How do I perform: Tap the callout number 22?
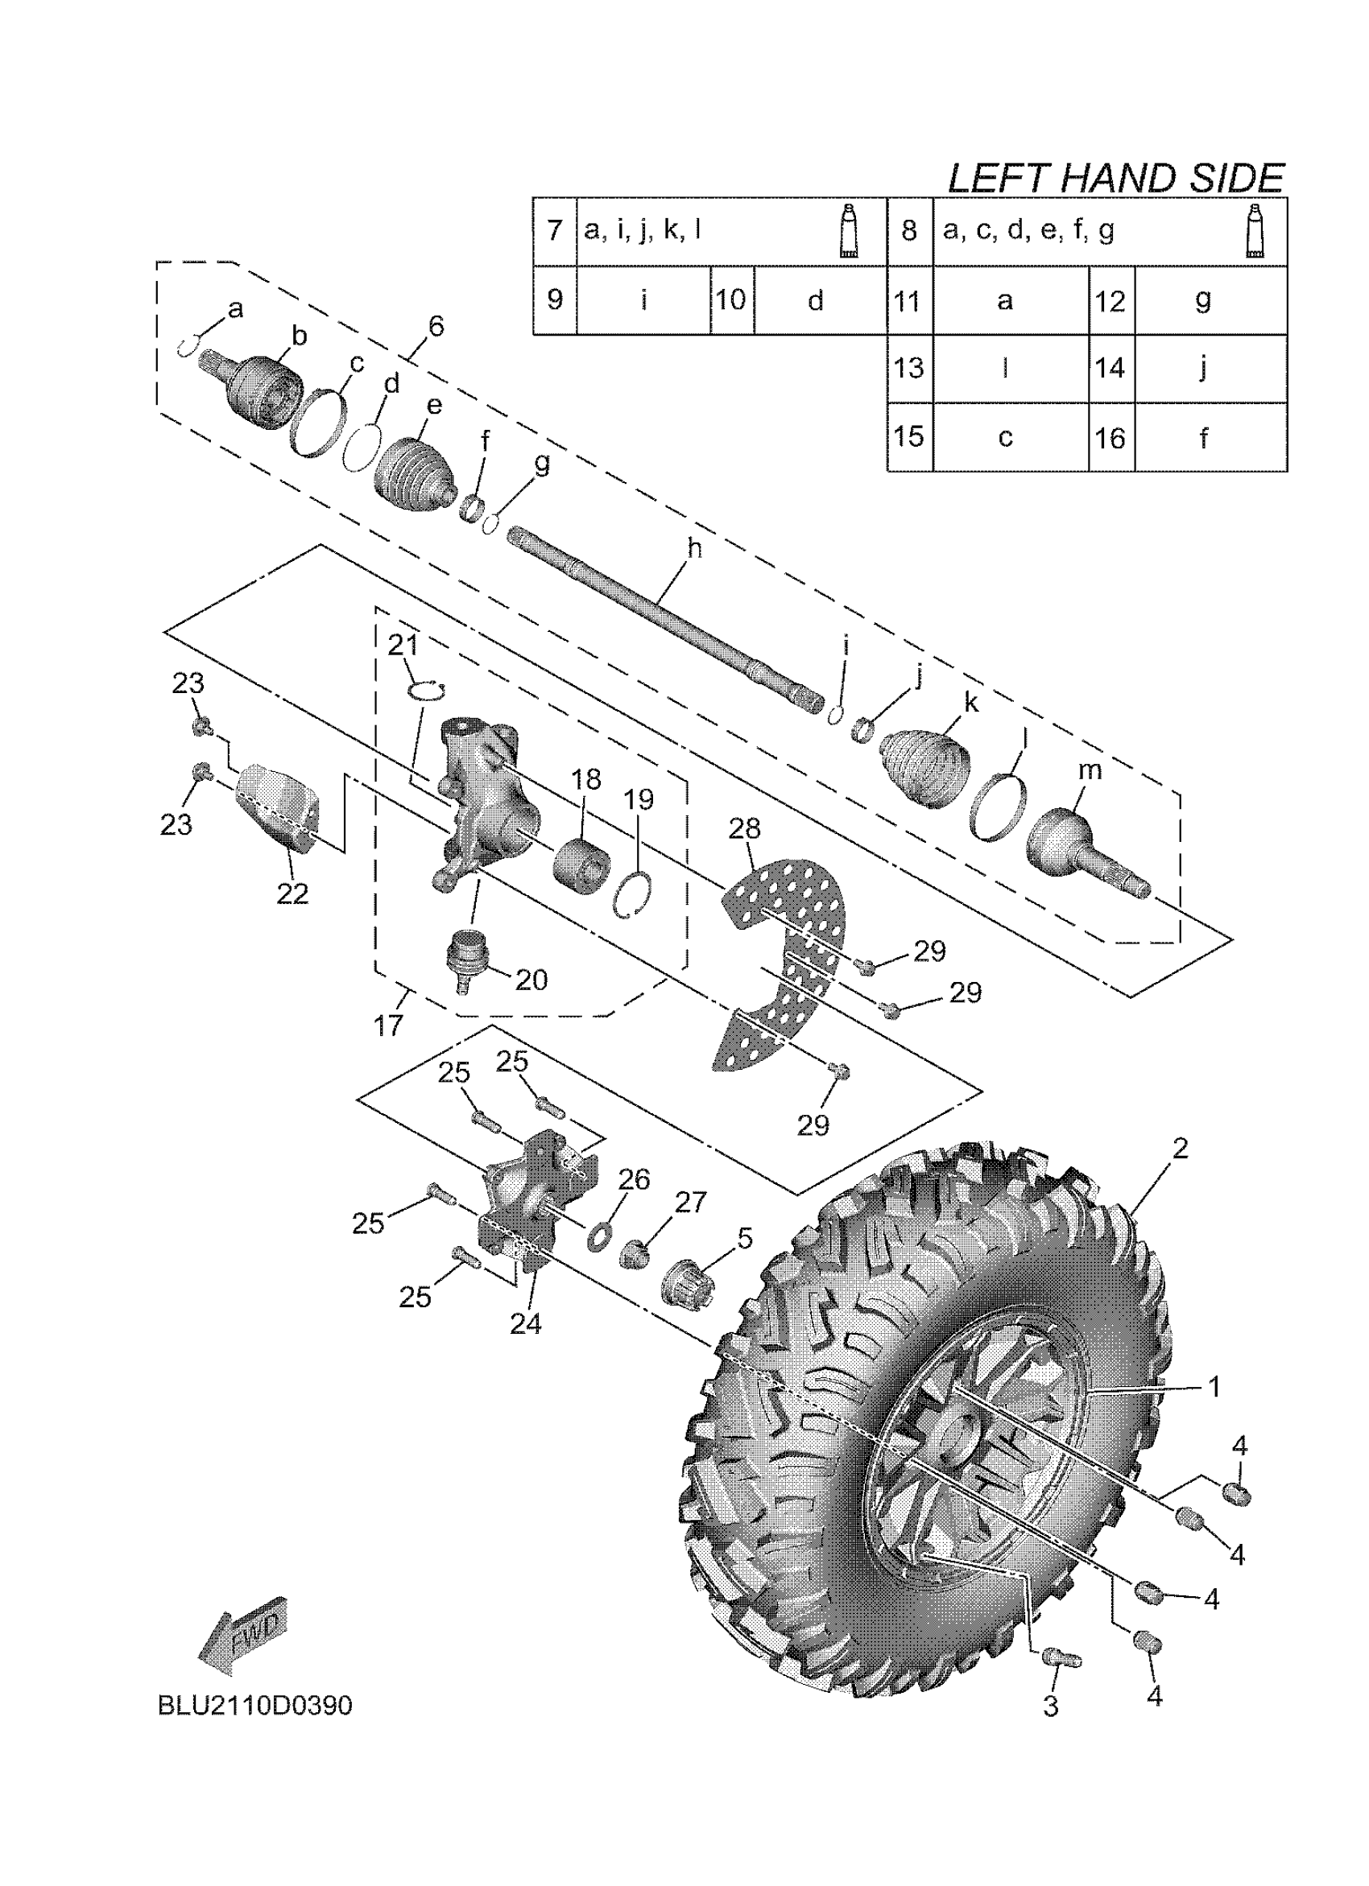(x=293, y=893)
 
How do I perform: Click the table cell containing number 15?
(x=909, y=436)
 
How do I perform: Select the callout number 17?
(x=388, y=1026)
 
